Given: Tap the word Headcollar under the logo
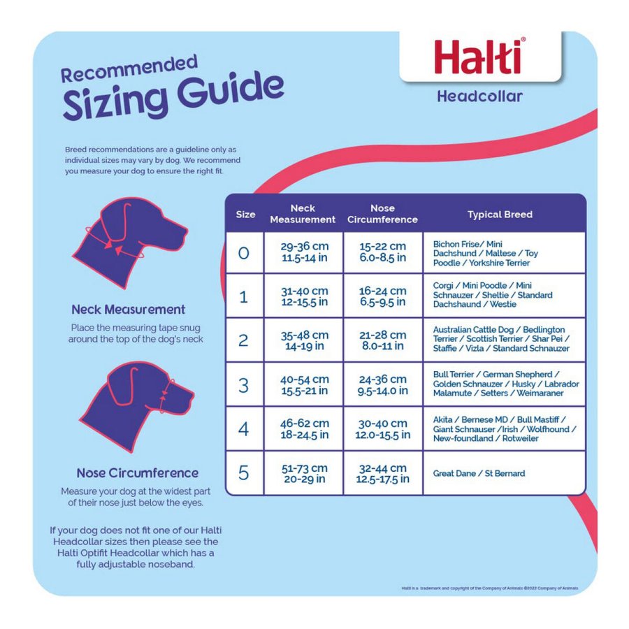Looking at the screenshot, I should pos(479,96).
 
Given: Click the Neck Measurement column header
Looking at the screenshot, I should pos(303,214).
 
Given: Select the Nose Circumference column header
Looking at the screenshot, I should pos(382,214).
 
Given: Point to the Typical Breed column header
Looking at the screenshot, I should pos(500,215).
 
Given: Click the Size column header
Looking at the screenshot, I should pos(245,215).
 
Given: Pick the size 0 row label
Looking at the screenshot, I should pos(243,253).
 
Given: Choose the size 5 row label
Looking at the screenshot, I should pos(243,473).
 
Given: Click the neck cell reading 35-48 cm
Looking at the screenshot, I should pos(304,340).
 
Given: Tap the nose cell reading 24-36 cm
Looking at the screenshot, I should pos(382,385).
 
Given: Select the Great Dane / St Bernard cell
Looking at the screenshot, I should pos(479,473).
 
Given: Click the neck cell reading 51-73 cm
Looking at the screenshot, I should pos(304,473).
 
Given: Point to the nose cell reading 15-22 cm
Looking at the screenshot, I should pos(382,252).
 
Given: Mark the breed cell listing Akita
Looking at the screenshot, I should pos(503,428).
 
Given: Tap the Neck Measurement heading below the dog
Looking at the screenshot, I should pos(129,309).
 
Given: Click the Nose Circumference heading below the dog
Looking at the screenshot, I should pos(138,472).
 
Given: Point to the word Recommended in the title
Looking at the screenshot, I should pos(129,70).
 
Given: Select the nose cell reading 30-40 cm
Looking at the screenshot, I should pos(382,429).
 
